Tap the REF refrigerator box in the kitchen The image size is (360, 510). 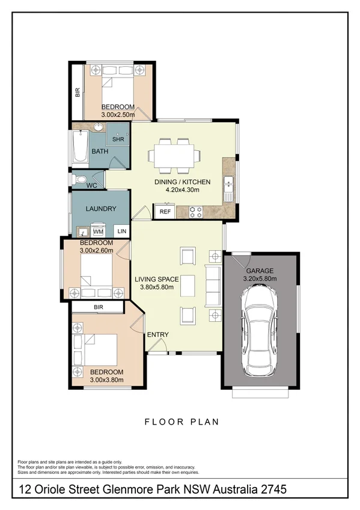coord(164,212)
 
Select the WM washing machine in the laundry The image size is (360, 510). coord(97,232)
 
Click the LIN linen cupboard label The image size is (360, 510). coord(122,232)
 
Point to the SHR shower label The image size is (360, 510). coord(118,139)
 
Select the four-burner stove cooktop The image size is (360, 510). coord(196,212)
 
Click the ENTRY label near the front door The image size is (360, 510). coord(157,335)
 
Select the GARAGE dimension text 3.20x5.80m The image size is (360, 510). coord(259,279)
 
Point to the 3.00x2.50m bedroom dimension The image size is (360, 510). coord(118,114)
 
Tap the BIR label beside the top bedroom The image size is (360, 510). coord(77,93)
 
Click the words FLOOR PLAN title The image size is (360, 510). coord(182,422)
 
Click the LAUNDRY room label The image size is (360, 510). coord(100,209)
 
